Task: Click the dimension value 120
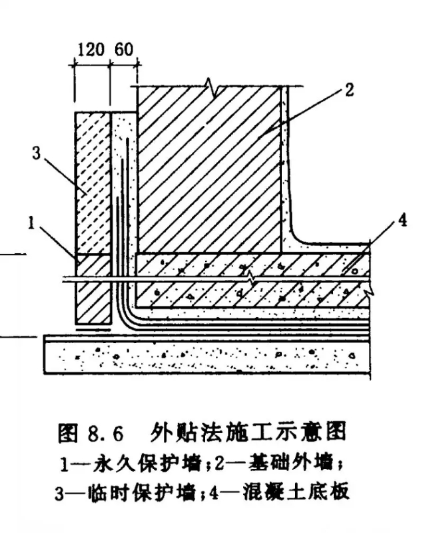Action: (x=91, y=51)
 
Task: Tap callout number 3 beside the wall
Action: (x=38, y=155)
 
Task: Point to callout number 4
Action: (x=404, y=222)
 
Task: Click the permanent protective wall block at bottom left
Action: (x=92, y=290)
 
